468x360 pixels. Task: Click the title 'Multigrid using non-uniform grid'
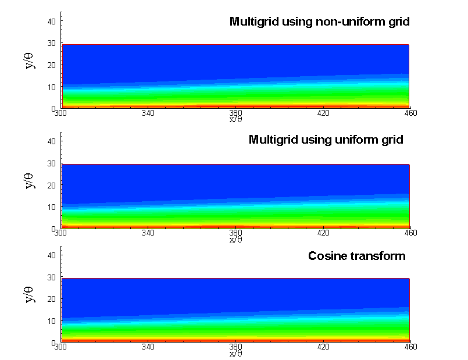tap(320, 22)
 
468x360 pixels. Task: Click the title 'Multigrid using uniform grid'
tap(326, 140)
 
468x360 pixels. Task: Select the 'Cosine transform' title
tap(356, 256)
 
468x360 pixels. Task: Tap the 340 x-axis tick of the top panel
tap(148, 113)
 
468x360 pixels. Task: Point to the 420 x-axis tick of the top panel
tap(323, 113)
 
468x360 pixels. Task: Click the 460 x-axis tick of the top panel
tap(410, 113)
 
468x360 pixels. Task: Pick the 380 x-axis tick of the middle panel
tap(235, 233)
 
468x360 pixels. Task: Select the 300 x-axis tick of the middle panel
tap(60, 233)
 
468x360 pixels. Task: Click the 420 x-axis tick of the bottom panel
tap(323, 347)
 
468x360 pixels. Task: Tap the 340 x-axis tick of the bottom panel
tap(148, 347)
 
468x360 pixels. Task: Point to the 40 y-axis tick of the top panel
tap(51, 21)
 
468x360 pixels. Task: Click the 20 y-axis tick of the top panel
tap(51, 65)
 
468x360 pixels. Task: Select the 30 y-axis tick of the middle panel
tap(51, 163)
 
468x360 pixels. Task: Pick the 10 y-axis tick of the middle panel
tap(51, 206)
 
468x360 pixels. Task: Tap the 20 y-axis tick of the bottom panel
tap(51, 299)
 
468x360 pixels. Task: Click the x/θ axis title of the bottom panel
tap(235, 352)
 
